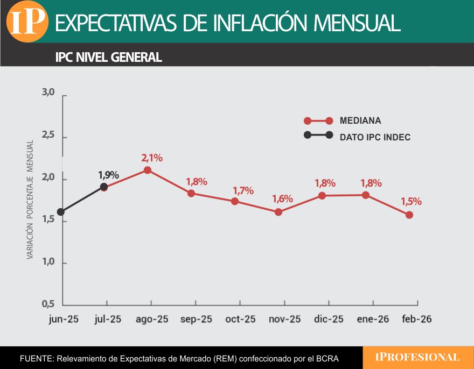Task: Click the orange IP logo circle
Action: tap(27, 22)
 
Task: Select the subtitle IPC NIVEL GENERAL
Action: tap(108, 57)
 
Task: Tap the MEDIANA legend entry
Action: tap(360, 120)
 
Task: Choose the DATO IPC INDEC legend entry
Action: tap(375, 137)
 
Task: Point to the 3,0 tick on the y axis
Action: tap(48, 93)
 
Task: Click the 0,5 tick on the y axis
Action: tap(48, 304)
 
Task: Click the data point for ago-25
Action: tap(148, 170)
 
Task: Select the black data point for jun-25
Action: tap(61, 212)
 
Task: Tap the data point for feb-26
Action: tap(409, 215)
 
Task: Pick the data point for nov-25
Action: tap(278, 212)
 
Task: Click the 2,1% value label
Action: tap(152, 158)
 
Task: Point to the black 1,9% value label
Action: tap(108, 175)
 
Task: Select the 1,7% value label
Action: tap(243, 190)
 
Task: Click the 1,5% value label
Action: tap(411, 202)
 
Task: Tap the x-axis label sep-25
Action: tap(196, 319)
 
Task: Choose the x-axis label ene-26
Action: tap(373, 319)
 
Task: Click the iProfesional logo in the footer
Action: tap(417, 357)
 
